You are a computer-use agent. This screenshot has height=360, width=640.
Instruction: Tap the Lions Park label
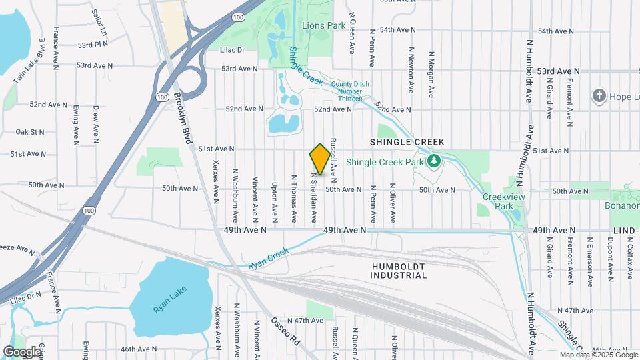(x=323, y=26)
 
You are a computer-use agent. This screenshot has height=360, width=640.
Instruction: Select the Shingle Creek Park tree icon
(x=434, y=161)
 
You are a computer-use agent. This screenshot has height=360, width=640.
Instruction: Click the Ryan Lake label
(x=170, y=300)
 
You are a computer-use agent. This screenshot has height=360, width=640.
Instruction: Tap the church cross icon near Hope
(x=599, y=97)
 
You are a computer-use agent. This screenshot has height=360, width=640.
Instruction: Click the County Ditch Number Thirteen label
(x=345, y=91)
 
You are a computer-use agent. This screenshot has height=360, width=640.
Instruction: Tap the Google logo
(x=22, y=351)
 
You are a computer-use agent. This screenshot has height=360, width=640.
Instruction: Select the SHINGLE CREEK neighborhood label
(x=407, y=142)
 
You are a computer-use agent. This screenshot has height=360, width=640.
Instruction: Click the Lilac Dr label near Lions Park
(x=233, y=49)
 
